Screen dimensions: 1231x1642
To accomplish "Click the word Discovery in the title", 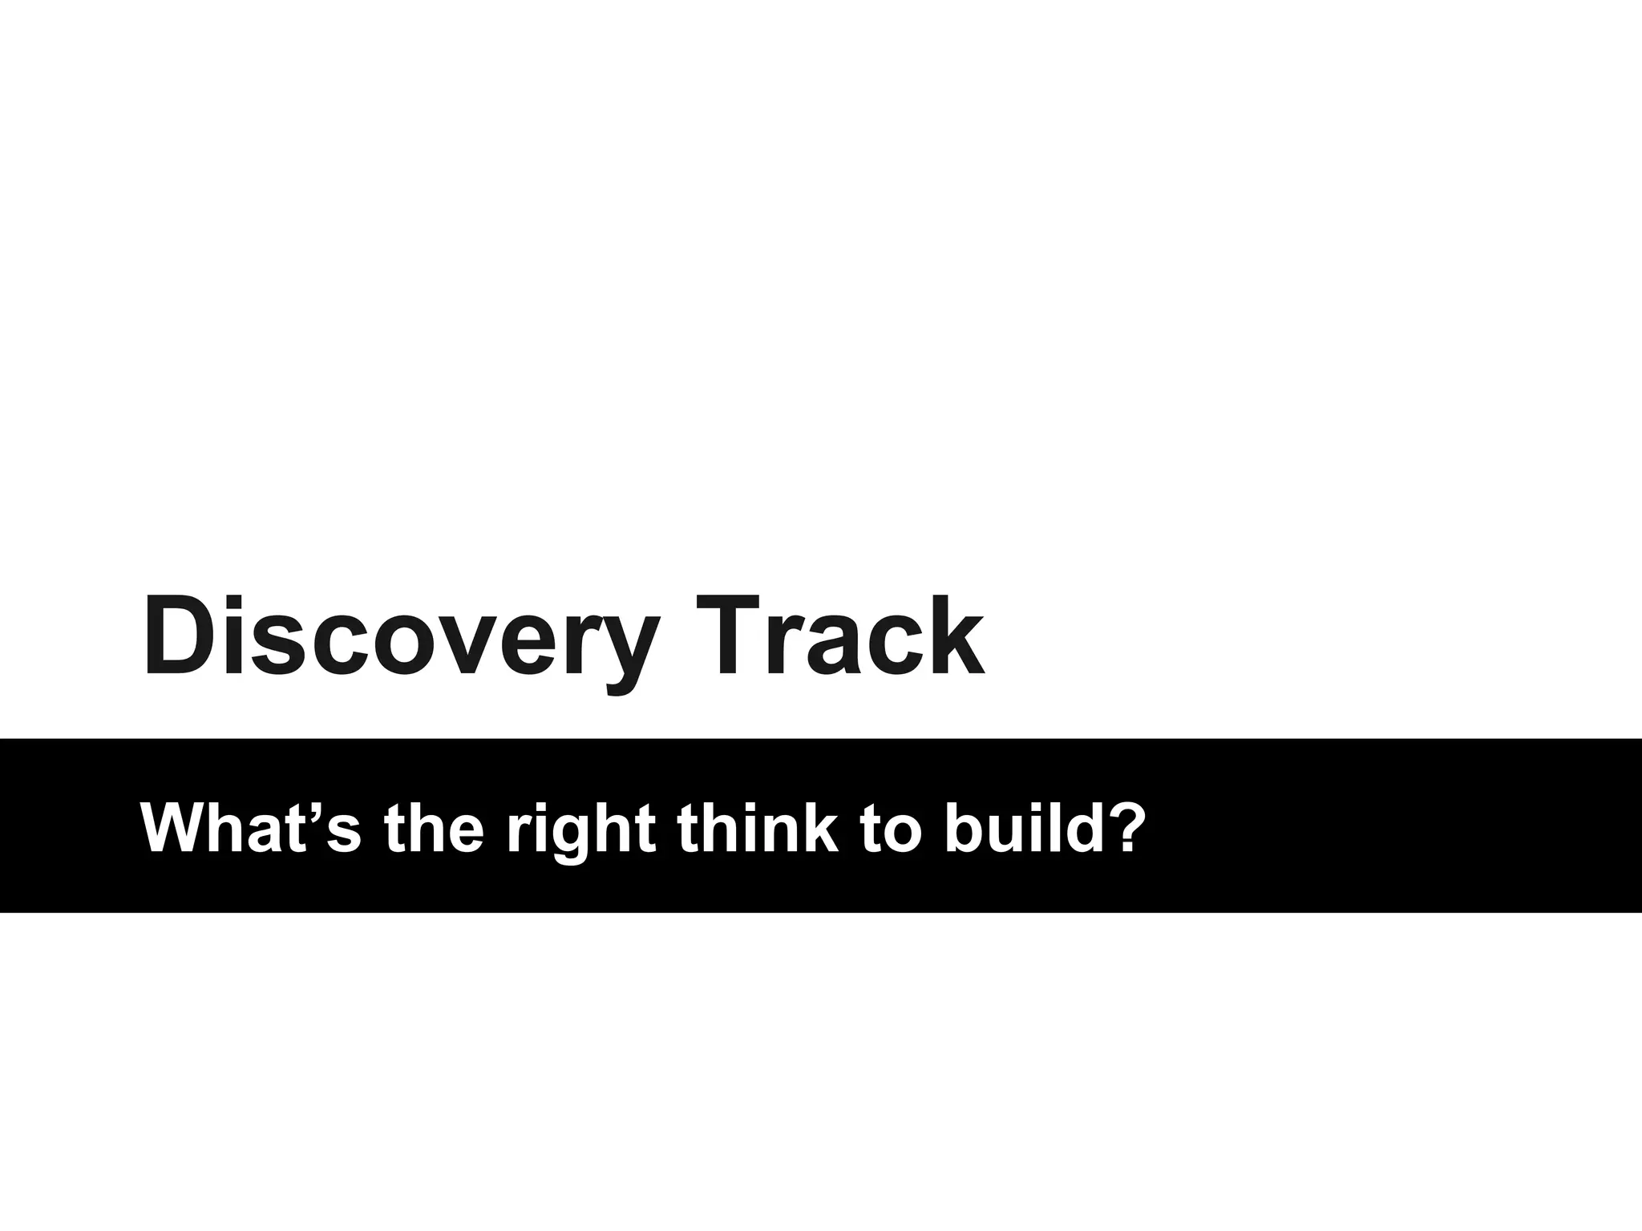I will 401,637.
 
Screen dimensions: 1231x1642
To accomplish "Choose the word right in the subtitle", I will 580,829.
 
